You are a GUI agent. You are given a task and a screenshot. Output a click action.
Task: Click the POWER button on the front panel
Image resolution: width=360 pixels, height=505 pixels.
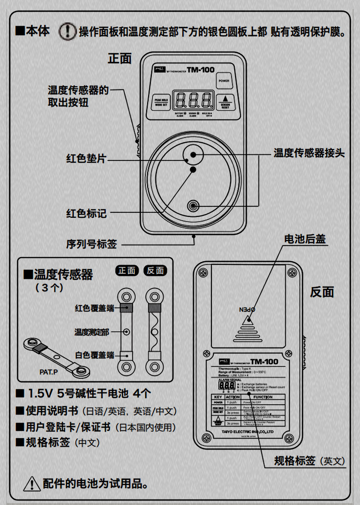(224, 80)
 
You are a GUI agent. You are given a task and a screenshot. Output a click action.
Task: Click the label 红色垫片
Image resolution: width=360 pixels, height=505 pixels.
(86, 159)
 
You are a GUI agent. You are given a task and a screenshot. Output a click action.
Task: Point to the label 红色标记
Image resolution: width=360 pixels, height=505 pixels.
(86, 213)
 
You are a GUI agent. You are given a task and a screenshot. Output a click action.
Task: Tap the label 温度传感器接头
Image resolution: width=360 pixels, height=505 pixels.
(309, 153)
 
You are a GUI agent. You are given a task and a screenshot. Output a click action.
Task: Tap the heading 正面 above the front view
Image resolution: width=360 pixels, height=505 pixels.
(119, 58)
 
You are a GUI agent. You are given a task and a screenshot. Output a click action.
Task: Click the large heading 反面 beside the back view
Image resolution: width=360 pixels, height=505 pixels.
(322, 292)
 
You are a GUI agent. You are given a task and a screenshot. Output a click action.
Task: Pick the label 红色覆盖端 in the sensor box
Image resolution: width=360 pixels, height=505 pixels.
(94, 308)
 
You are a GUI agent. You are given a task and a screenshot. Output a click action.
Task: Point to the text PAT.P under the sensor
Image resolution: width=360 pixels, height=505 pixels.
(48, 372)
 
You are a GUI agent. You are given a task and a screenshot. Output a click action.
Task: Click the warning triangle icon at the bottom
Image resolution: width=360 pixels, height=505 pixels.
(31, 483)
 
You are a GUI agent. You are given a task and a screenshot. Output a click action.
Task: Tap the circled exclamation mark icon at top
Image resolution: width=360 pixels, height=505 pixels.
(68, 32)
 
